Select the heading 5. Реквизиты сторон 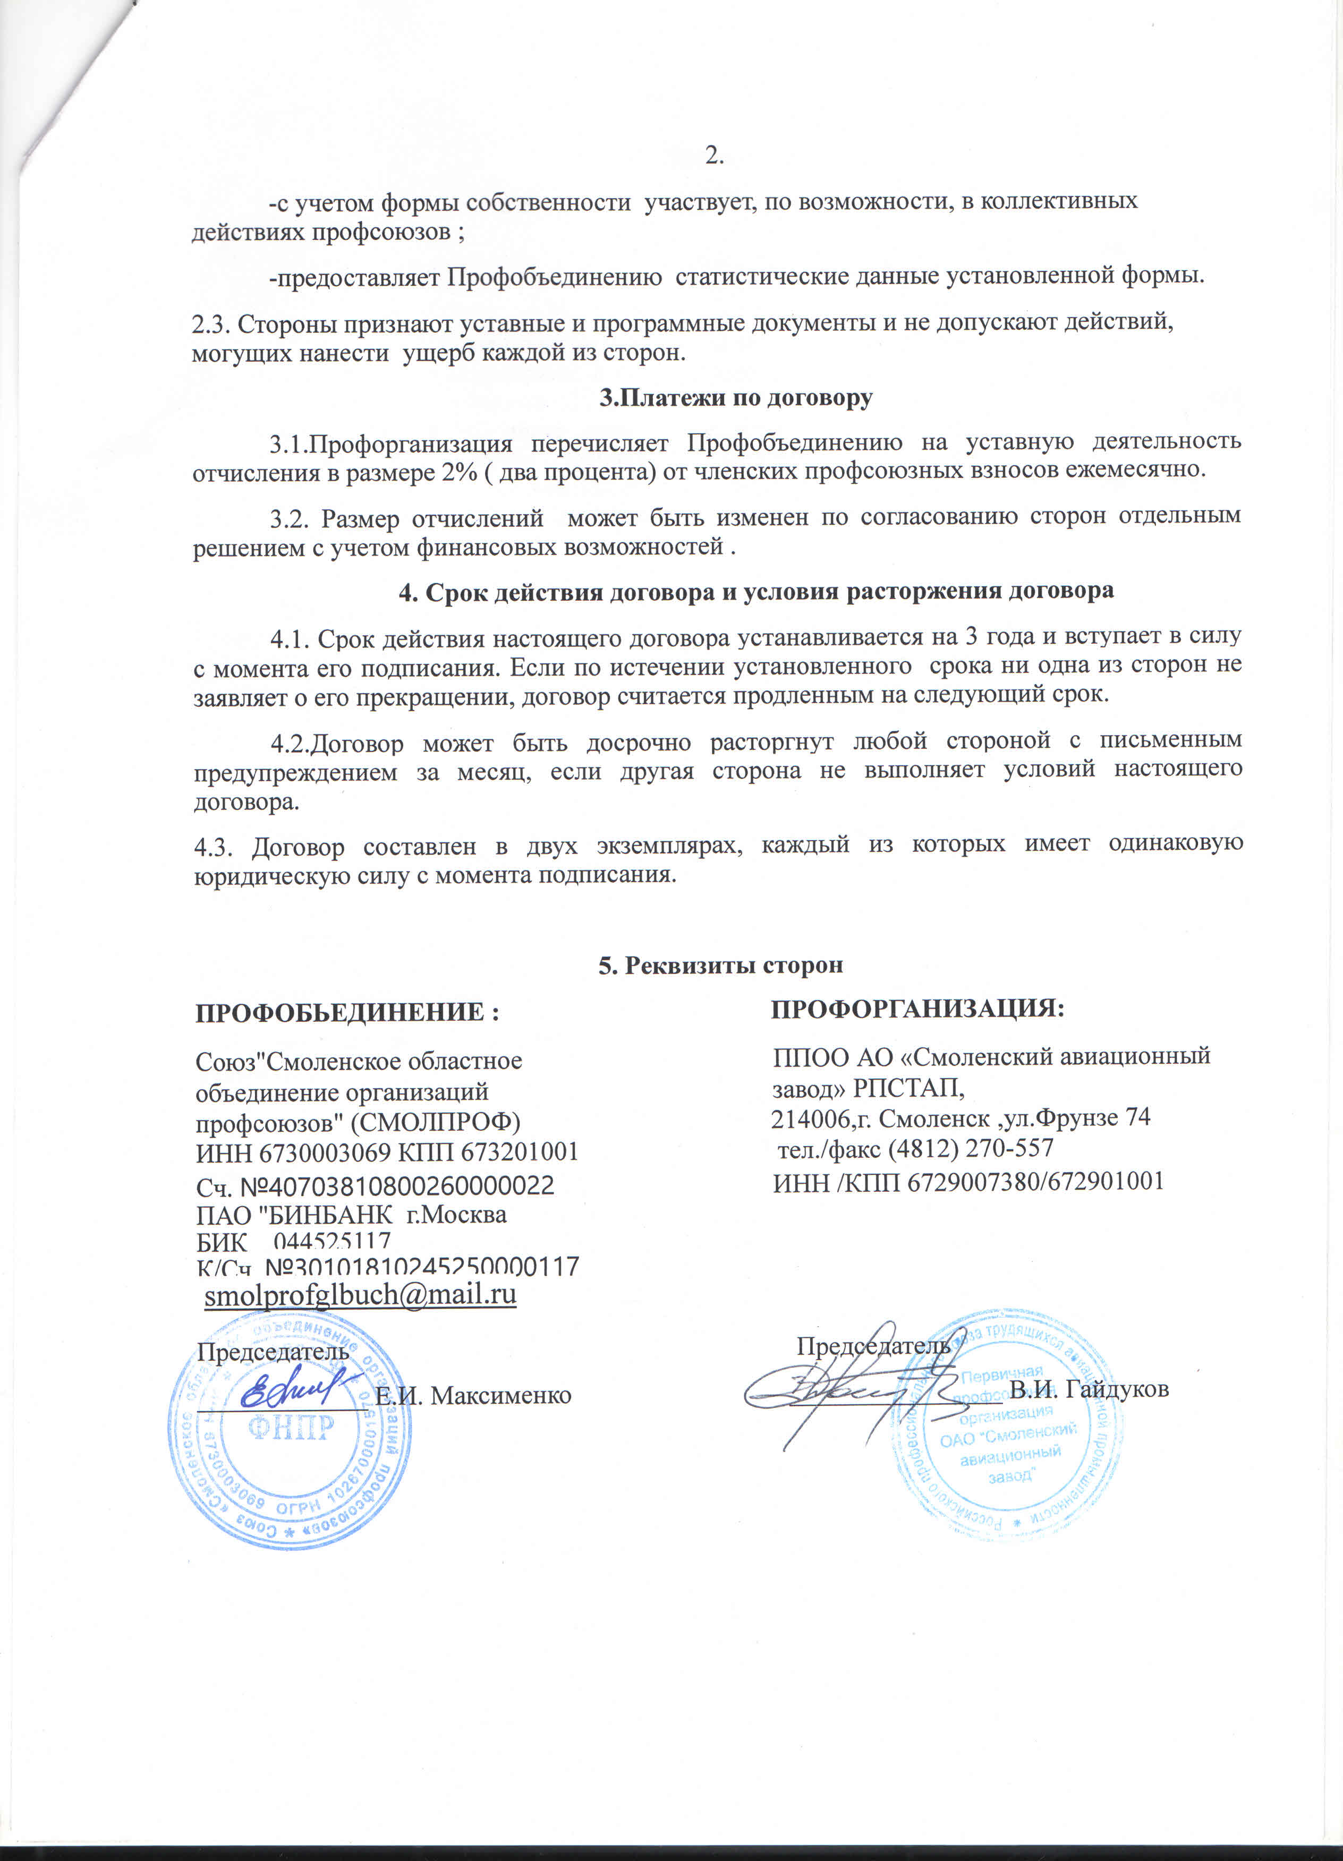tap(720, 965)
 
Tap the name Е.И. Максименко tap(473, 1394)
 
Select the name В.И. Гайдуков tap(1089, 1389)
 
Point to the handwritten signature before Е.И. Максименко tap(292, 1387)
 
